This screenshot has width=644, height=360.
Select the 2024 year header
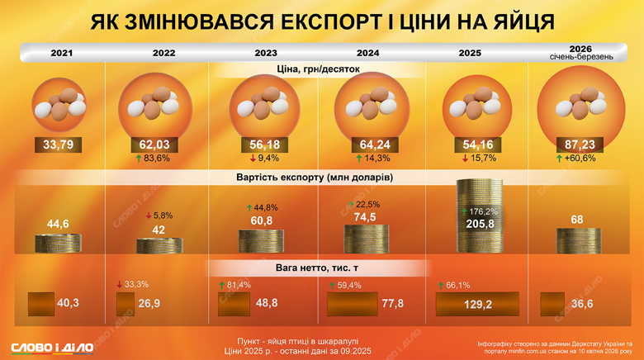coord(367,53)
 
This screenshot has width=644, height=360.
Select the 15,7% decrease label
coord(474,159)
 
